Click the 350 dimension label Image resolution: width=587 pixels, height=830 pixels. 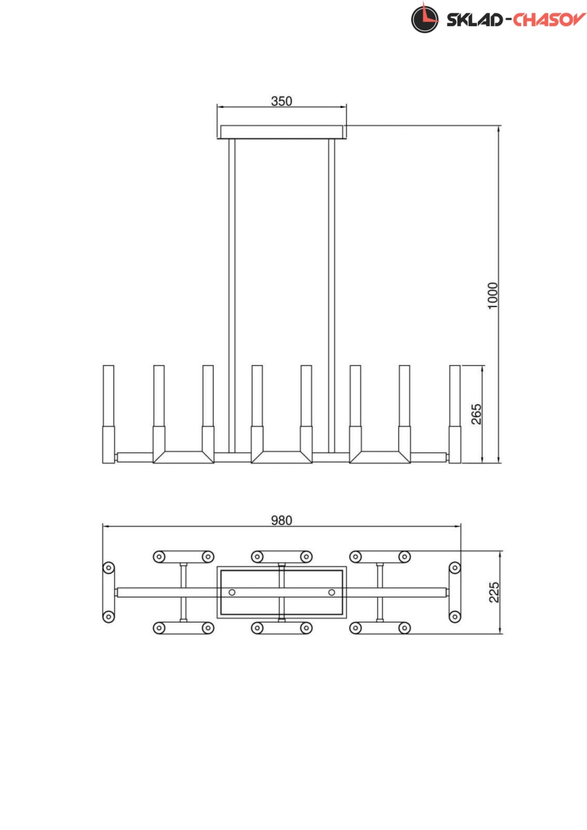[x=282, y=101]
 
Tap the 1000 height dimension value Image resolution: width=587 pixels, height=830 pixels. [x=492, y=295]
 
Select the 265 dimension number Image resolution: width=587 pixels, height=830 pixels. [x=476, y=414]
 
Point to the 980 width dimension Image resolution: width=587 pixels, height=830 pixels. [x=282, y=521]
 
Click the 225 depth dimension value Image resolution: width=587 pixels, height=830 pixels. [x=494, y=593]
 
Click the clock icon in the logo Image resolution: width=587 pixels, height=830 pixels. [x=424, y=19]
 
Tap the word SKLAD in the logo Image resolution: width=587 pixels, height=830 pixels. [x=474, y=20]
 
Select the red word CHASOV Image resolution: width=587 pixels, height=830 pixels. [x=549, y=20]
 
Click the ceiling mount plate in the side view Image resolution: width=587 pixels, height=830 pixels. [x=282, y=132]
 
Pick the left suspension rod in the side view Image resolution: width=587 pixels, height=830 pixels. [x=232, y=296]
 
